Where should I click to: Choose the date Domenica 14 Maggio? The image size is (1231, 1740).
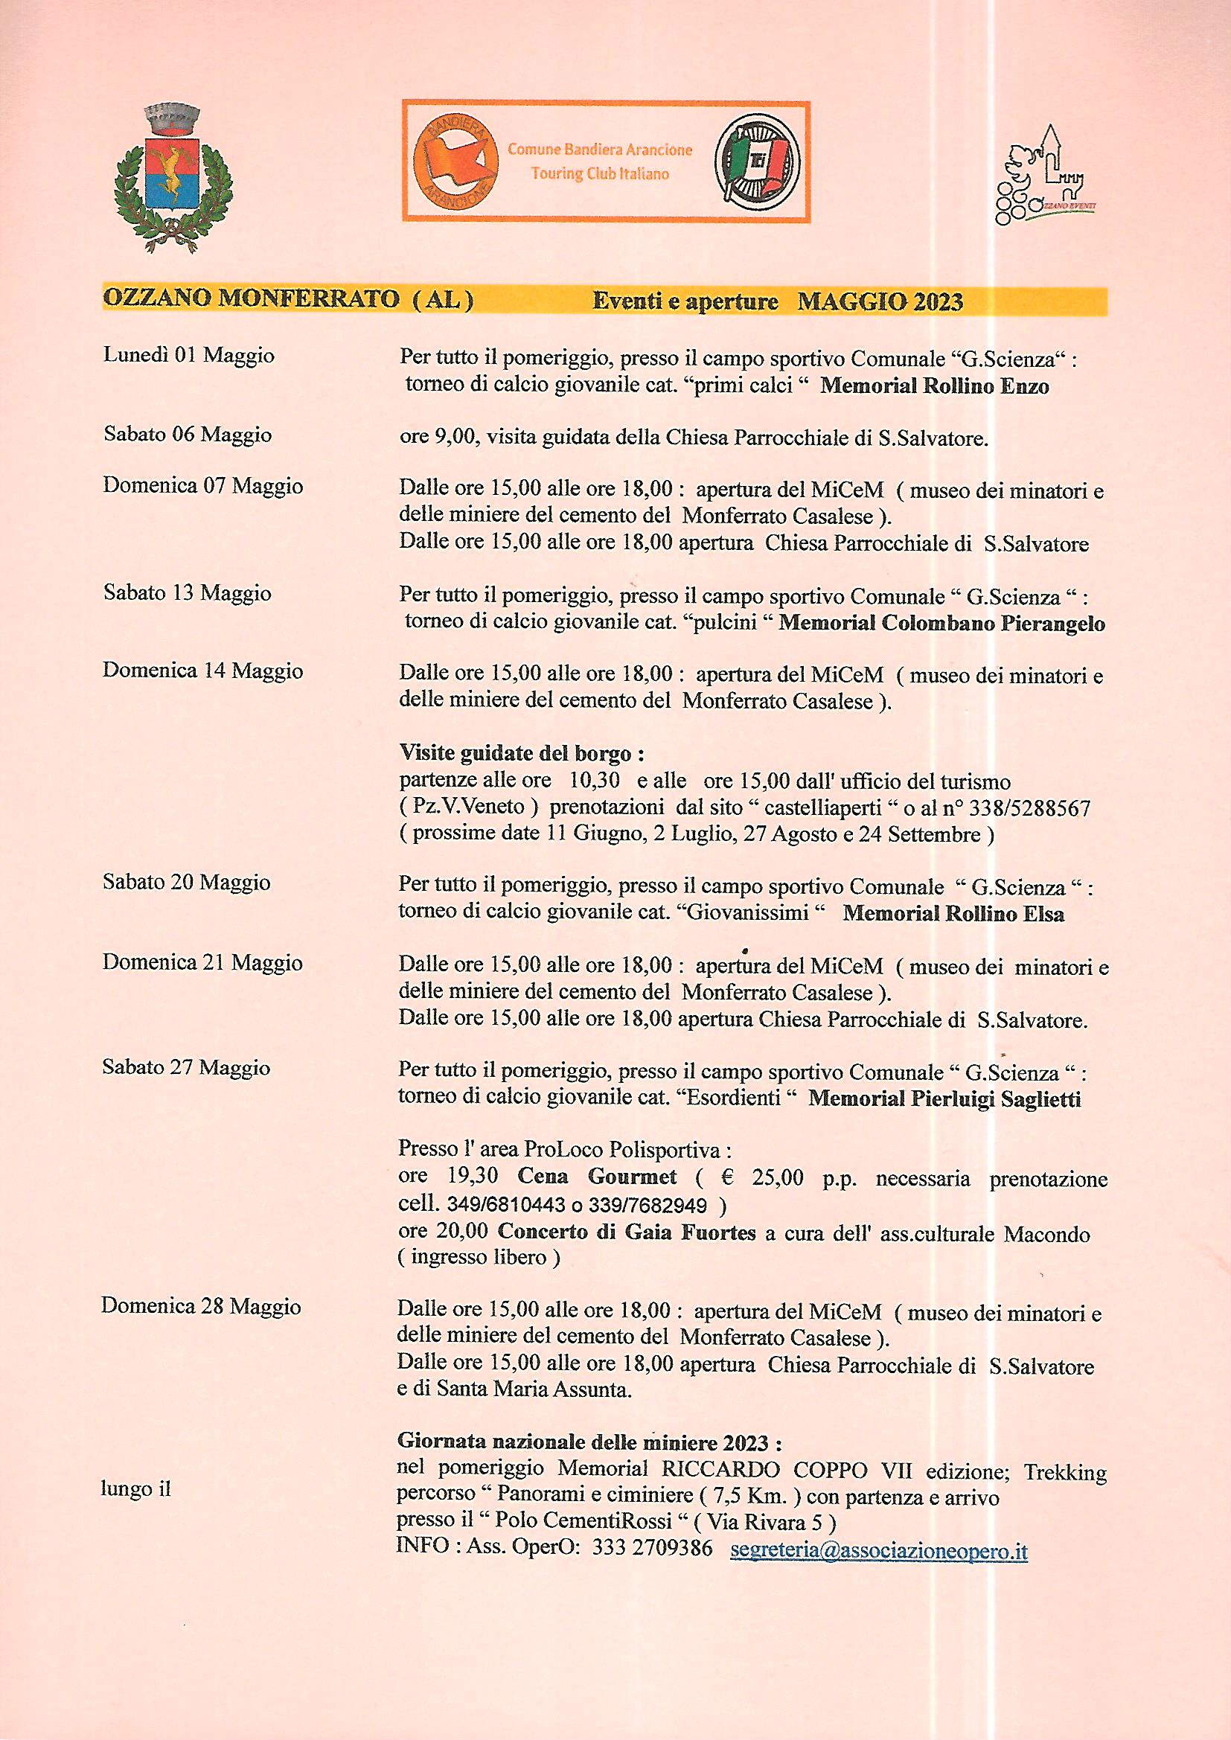(202, 671)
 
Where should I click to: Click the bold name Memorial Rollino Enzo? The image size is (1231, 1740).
(935, 386)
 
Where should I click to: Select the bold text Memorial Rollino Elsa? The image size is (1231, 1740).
(953, 914)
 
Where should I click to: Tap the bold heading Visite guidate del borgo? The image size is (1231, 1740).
(522, 755)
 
